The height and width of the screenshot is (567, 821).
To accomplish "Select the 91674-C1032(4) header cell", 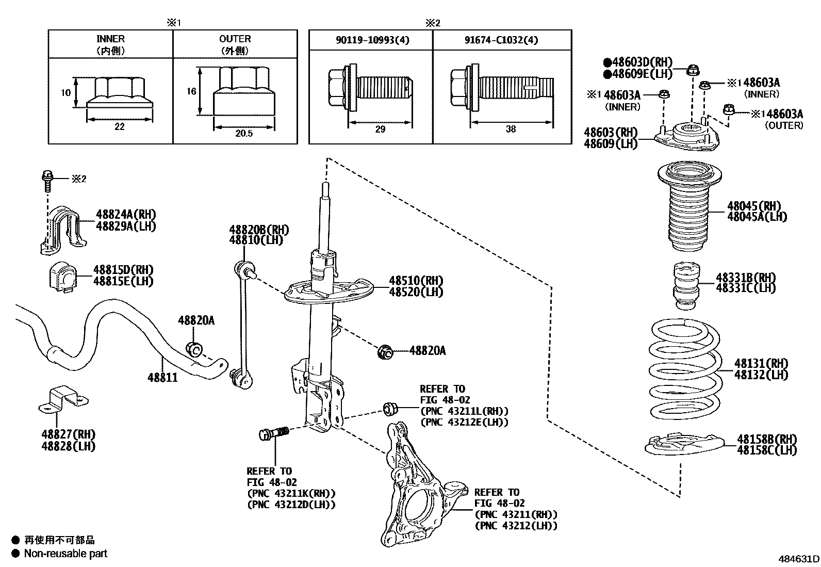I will pyautogui.click(x=502, y=40).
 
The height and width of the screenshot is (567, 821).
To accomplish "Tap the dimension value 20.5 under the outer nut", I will pyautogui.click(x=243, y=134).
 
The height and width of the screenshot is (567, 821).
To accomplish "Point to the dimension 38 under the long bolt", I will pyautogui.click(x=511, y=129).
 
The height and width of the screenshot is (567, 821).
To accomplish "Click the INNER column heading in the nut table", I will pyautogui.click(x=110, y=39).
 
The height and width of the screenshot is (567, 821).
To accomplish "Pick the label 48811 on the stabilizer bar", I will pyautogui.click(x=162, y=378).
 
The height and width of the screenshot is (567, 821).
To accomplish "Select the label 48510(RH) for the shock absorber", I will pyautogui.click(x=416, y=281).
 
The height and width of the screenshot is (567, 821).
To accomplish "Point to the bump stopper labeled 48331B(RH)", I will pyautogui.click(x=686, y=287).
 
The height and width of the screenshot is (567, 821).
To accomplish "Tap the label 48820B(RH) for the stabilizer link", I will pyautogui.click(x=259, y=230).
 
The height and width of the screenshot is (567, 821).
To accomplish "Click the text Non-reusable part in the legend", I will pyautogui.click(x=66, y=554).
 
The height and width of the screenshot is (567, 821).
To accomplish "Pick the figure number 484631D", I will pyautogui.click(x=798, y=559).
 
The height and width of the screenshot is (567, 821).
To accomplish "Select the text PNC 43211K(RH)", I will pyautogui.click(x=291, y=493).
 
